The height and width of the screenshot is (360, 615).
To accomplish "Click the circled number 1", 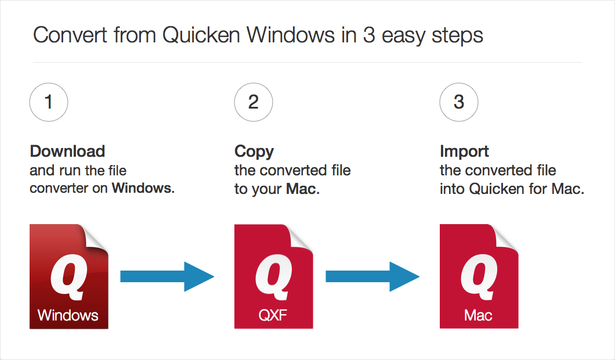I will [49, 103].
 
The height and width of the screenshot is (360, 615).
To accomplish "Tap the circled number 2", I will [254, 103].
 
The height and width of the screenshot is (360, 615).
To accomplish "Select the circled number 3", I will [459, 103].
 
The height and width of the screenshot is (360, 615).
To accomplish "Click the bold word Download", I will [67, 152].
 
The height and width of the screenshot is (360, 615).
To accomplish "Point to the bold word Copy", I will [254, 152].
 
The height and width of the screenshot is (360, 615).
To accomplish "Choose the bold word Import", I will [464, 152].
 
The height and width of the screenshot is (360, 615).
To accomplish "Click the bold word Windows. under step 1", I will [143, 188].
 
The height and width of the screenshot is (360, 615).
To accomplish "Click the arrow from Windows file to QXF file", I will [167, 276].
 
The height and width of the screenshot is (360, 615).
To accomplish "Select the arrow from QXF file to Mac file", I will [372, 276].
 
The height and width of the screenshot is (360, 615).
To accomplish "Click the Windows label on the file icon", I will [68, 315].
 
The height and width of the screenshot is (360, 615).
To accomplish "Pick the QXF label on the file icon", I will [273, 315].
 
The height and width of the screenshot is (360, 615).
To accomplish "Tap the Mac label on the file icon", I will [478, 315].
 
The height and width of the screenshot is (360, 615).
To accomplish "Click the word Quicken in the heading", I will [201, 35].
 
